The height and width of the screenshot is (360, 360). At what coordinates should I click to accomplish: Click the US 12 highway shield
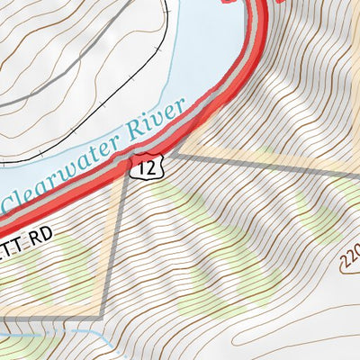point(144,166)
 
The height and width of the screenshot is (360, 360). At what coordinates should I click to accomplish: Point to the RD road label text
point(41,233)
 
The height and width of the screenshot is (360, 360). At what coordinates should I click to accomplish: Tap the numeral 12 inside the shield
point(144,166)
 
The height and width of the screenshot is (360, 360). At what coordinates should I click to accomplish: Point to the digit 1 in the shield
point(140,166)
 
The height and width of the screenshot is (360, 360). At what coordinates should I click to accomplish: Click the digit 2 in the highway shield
point(148,166)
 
